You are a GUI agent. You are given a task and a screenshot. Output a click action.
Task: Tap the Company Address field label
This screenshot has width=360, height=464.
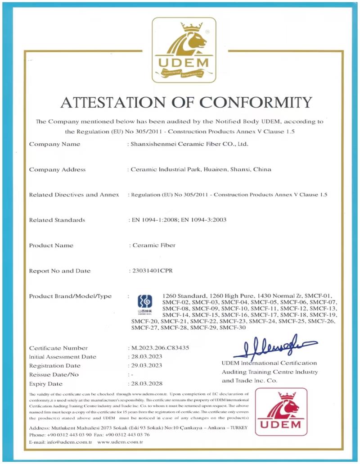[57, 169]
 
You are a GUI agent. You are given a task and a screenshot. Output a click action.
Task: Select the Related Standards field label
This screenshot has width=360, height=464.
[57, 220]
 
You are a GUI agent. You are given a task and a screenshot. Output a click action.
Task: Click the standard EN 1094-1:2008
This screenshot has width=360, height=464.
[154, 220]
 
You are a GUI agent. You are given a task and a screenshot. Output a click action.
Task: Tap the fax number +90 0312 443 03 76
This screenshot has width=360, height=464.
[128, 435]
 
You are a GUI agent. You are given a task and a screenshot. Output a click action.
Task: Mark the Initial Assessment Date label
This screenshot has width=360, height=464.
[63, 357]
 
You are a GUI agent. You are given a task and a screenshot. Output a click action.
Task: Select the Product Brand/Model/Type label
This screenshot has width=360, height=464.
[70, 296]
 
